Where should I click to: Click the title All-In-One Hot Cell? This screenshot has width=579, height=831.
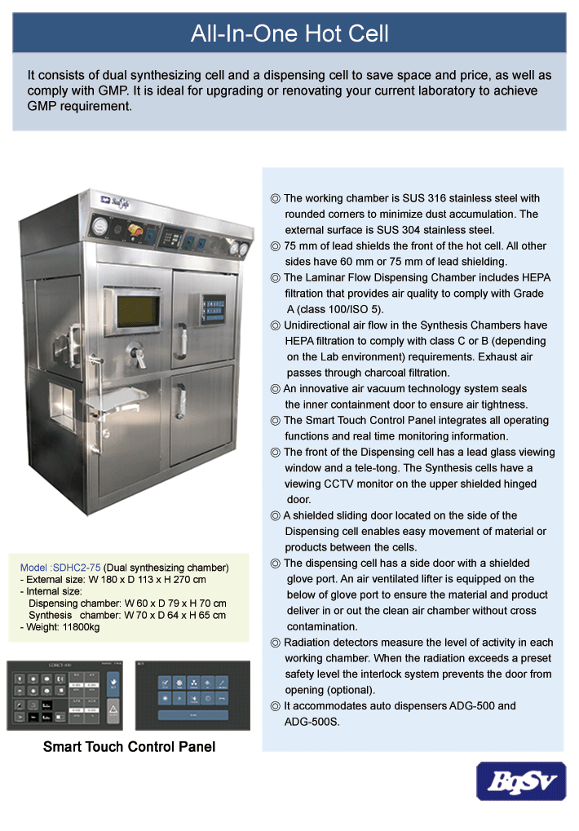pyautogui.click(x=289, y=33)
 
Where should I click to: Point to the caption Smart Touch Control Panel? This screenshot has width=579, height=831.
pyautogui.click(x=129, y=746)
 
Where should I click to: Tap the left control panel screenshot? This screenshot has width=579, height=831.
pyautogui.click(x=64, y=695)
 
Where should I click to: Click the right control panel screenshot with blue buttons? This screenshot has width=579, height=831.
pyautogui.click(x=192, y=695)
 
